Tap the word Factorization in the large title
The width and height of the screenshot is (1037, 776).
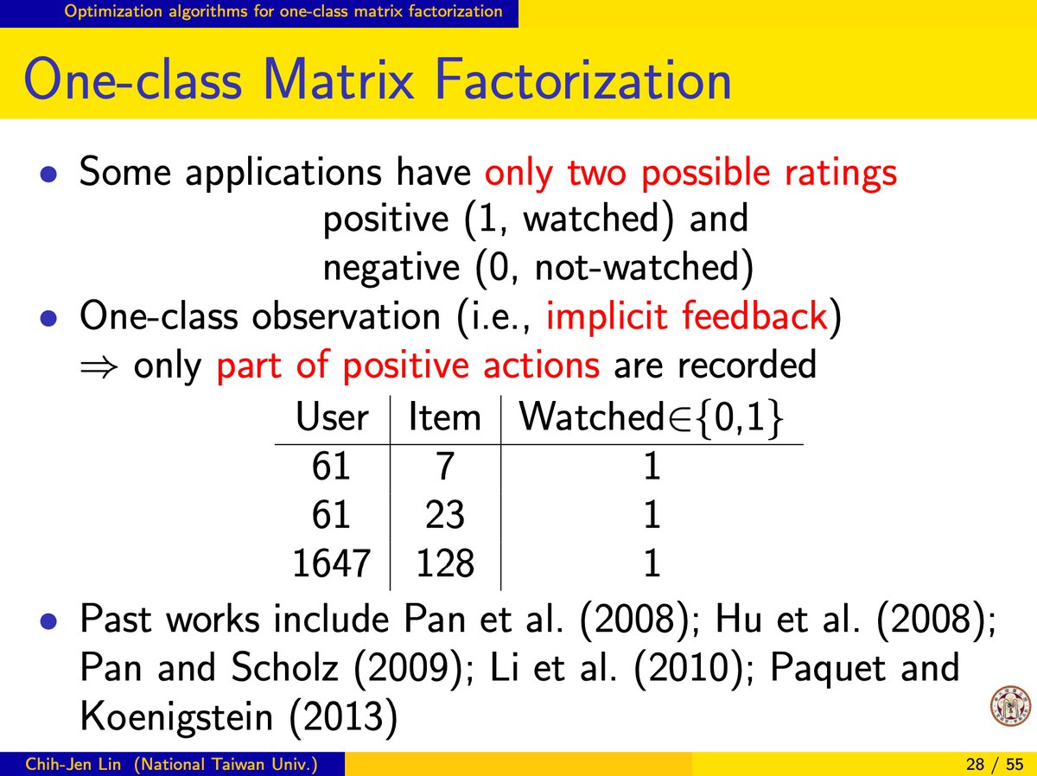583,79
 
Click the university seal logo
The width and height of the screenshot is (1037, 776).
1010,707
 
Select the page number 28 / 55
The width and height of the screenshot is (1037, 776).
995,764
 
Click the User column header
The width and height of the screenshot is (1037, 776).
332,417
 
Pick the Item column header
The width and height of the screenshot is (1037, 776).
444,417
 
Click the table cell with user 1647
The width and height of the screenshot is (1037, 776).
331,563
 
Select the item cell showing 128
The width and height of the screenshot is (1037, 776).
445,563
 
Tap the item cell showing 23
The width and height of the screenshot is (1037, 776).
445,514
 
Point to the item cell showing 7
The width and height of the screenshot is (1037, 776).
445,466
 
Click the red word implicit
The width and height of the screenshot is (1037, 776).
608,317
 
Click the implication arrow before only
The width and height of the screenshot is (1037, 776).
99,367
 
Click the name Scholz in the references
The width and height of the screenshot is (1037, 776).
284,667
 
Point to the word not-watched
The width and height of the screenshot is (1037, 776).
636,267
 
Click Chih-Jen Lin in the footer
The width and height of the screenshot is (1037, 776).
73,764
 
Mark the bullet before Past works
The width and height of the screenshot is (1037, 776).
48,620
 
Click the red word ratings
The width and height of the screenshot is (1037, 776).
841,174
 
